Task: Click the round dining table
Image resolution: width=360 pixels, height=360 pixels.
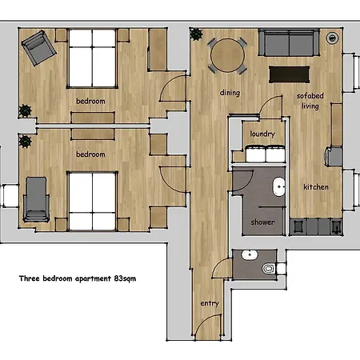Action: click(x=227, y=55)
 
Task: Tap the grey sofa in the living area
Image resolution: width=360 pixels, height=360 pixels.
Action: click(x=289, y=42)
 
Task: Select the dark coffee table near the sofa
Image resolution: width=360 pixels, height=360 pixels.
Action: click(x=290, y=74)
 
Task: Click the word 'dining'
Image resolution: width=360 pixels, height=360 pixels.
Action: click(x=230, y=93)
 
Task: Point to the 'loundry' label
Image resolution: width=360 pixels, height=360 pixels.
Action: click(x=262, y=134)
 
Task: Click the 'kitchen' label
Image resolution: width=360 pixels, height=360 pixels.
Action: click(x=316, y=186)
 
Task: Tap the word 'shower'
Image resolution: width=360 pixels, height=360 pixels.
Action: click(x=262, y=222)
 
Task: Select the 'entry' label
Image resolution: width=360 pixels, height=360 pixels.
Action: click(x=210, y=303)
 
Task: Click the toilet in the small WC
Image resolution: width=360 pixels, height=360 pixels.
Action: click(x=268, y=268)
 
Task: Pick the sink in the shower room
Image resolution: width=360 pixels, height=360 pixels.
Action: click(x=278, y=186)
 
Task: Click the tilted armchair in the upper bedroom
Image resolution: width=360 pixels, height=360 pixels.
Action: click(x=39, y=48)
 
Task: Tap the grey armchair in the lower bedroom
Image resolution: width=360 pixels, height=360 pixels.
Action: click(x=36, y=199)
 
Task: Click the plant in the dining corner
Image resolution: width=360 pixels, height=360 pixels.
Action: click(x=196, y=34)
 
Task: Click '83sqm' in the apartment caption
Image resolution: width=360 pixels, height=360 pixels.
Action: click(x=125, y=278)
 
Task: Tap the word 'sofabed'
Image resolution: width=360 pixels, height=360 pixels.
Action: click(x=310, y=95)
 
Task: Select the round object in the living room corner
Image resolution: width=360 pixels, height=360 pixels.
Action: click(x=332, y=38)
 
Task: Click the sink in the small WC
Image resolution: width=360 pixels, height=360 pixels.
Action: click(x=250, y=255)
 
